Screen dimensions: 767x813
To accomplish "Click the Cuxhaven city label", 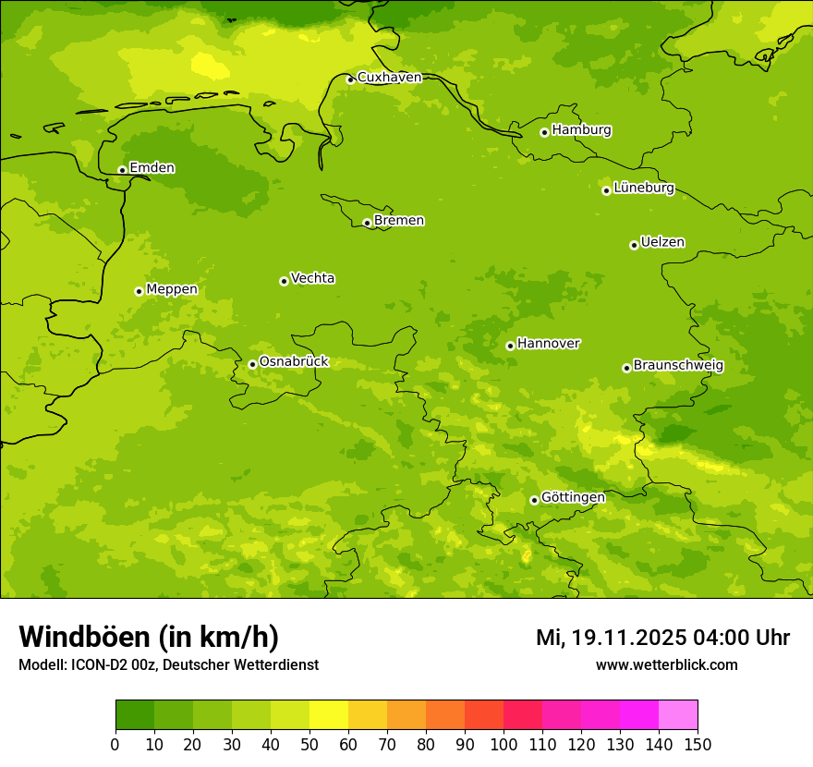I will click(x=389, y=78).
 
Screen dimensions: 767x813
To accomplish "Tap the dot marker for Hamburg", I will click(x=544, y=132).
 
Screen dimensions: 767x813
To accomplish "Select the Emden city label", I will click(x=152, y=168).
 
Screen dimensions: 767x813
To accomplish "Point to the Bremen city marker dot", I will click(x=367, y=223).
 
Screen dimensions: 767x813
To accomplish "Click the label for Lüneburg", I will click(x=644, y=189).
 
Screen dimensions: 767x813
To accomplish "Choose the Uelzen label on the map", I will click(x=662, y=243).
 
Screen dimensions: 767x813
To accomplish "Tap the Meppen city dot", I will click(x=139, y=291).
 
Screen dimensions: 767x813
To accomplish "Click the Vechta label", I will click(x=312, y=279).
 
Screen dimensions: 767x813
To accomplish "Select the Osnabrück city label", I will click(x=294, y=362).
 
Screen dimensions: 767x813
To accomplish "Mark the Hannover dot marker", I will click(x=510, y=346).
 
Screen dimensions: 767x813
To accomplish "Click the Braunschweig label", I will click(x=678, y=366).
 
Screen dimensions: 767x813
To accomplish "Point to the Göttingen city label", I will click(x=573, y=498).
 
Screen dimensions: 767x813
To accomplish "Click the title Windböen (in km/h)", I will click(x=149, y=637).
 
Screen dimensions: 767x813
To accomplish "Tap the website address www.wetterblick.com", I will click(x=666, y=665).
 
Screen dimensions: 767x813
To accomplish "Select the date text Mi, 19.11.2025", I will click(x=625, y=638).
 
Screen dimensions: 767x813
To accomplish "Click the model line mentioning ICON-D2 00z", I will click(x=168, y=665).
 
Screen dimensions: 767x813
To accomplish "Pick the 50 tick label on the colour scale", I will click(x=309, y=744).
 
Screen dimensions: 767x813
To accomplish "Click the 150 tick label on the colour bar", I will click(x=697, y=744).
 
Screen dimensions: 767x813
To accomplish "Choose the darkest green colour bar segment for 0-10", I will click(x=135, y=715).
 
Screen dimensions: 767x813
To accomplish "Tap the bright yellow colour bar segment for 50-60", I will click(x=329, y=715).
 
